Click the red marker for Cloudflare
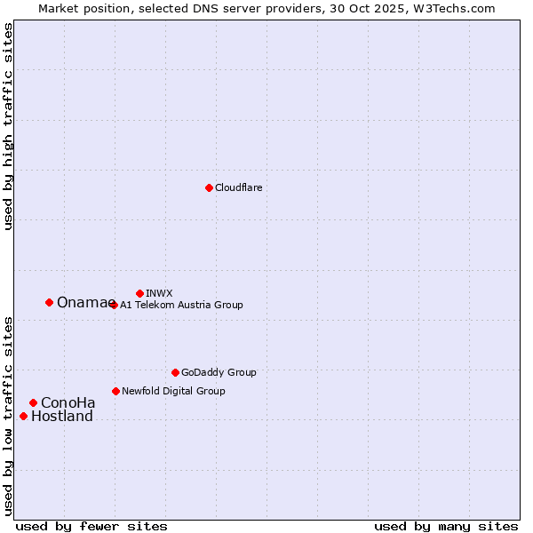click(209, 187)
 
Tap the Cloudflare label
click(238, 188)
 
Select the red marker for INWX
click(139, 293)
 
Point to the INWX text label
click(159, 293)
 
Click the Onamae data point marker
click(49, 302)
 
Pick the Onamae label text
click(81, 303)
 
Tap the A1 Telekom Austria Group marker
click(113, 305)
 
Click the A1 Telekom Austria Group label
click(181, 305)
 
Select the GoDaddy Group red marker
click(175, 372)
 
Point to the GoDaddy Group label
click(219, 373)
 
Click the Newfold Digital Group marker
click(115, 391)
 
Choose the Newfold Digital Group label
click(173, 391)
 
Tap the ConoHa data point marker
click(33, 402)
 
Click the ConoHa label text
click(68, 403)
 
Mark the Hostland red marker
click(23, 416)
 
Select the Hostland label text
click(62, 417)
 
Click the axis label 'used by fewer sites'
click(91, 526)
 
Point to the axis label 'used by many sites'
click(446, 526)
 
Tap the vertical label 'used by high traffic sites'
click(9, 127)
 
